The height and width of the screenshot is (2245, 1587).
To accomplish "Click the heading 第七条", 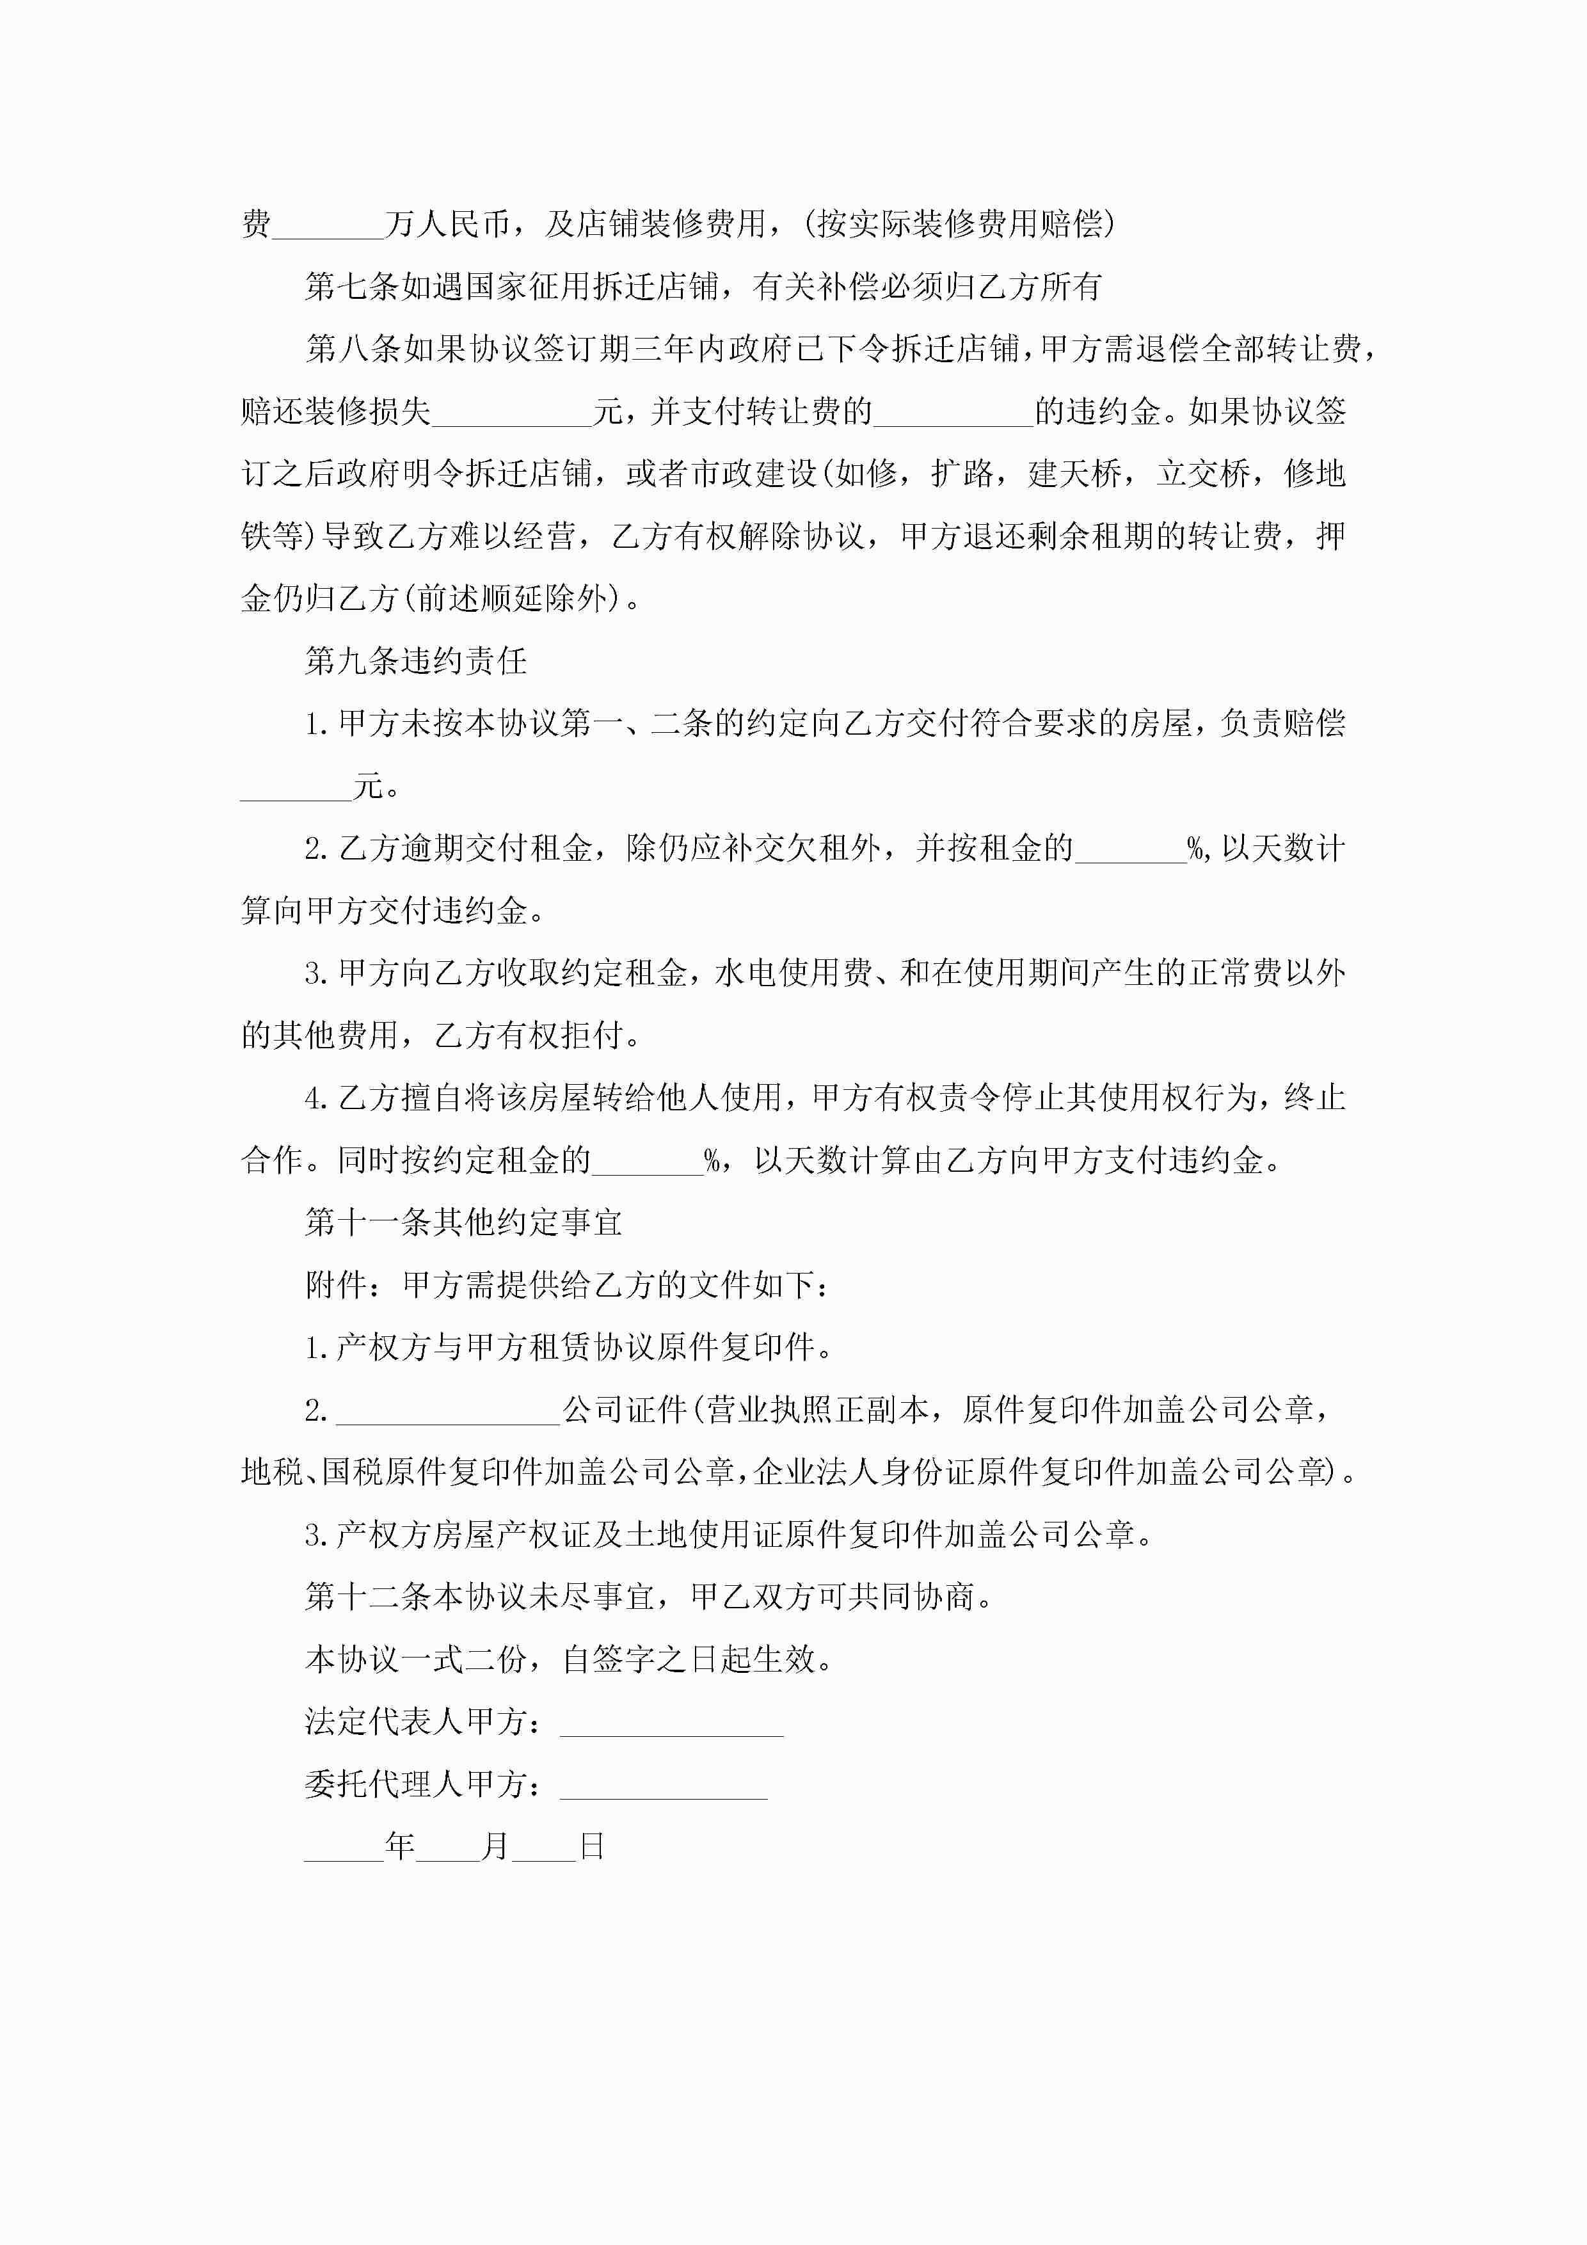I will coord(352,287).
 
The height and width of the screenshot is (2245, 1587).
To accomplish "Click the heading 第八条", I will coord(352,349).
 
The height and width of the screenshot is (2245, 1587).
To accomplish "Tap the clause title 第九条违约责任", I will coord(415,661).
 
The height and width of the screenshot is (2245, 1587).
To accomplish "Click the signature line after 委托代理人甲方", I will coord(663,1786).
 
